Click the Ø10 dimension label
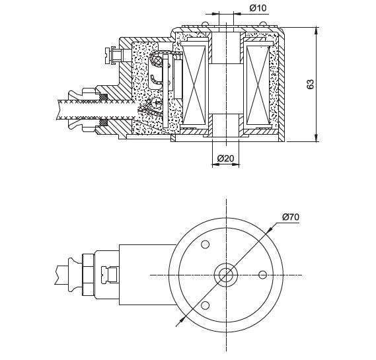pos(258,8)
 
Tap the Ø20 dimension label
pos(225,158)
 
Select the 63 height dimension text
pos(311,84)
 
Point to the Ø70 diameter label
pos(291,217)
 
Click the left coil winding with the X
pos(194,86)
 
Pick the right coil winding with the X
pos(258,86)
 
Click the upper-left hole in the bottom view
pos(205,244)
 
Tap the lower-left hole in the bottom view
pos(205,305)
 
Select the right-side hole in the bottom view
pos(263,275)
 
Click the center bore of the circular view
pos(225,275)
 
